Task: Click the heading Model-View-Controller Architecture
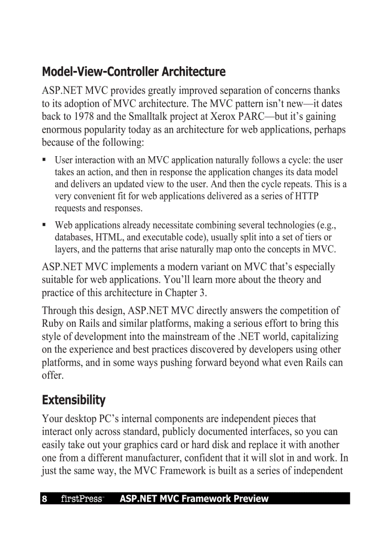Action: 134,72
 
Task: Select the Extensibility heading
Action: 73,400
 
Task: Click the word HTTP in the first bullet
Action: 306,196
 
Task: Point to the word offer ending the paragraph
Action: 52,375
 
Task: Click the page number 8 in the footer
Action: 45,499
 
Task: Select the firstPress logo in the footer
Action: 82,499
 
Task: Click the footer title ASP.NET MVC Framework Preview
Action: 194,499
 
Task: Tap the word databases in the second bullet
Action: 73,237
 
